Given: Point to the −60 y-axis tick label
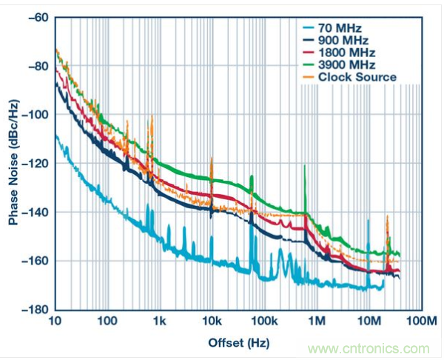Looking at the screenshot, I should tap(36, 18).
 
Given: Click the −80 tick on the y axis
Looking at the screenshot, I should tap(36, 67).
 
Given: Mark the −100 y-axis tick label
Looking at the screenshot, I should tap(33, 115).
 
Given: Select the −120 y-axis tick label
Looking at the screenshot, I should tap(33, 164).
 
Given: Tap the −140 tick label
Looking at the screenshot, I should tap(33, 213).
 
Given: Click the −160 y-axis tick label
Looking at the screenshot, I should tap(33, 261).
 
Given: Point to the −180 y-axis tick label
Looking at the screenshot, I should tap(33, 310).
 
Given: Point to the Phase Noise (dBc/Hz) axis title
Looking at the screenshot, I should tap(13, 163).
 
